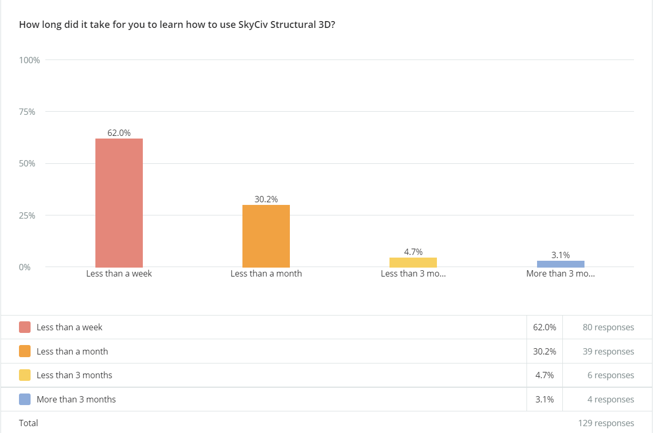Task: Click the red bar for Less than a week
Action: [119, 203]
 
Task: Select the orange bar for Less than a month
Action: [266, 236]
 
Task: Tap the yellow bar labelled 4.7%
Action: [413, 262]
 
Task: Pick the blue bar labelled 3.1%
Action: [560, 264]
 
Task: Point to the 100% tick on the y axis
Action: [30, 60]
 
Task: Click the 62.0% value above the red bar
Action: [119, 133]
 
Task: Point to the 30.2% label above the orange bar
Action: [266, 200]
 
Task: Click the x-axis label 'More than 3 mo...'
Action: [560, 274]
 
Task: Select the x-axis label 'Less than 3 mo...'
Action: [413, 274]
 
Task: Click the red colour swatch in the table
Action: [25, 327]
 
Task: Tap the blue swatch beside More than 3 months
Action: [25, 399]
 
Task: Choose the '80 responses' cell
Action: [608, 327]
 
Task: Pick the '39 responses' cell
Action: [608, 351]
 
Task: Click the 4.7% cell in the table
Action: [544, 375]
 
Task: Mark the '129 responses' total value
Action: [606, 423]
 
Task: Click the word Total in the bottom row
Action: [28, 423]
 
